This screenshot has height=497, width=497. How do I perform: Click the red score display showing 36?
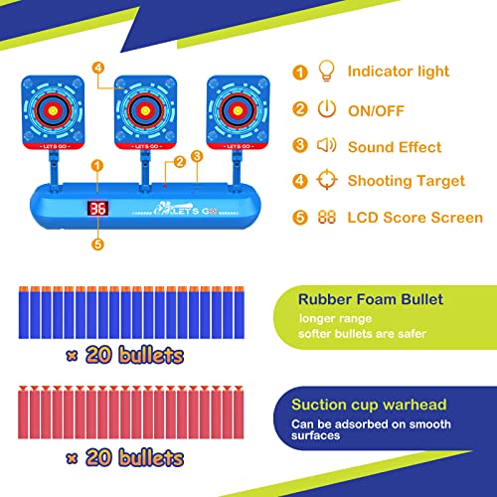tap(97, 209)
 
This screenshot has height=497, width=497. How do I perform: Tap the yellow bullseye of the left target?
tap(53, 110)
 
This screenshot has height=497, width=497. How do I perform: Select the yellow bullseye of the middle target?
tap(145, 110)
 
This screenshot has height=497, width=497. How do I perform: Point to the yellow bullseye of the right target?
tap(238, 110)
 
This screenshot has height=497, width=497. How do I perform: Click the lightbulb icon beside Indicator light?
tap(326, 71)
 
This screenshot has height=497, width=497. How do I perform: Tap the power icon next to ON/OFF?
tap(327, 108)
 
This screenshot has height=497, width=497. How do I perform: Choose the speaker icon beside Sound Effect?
tap(327, 145)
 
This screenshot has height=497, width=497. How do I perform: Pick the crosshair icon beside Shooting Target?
tap(327, 180)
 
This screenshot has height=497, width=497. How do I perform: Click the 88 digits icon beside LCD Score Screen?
tap(327, 218)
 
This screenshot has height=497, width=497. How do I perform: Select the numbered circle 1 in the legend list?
tap(300, 73)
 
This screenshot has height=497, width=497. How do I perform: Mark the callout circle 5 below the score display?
tap(97, 245)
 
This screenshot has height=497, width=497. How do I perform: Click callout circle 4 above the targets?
tap(98, 68)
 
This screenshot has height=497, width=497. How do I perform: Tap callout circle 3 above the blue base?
tap(197, 156)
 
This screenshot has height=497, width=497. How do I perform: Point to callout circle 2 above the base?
tap(180, 162)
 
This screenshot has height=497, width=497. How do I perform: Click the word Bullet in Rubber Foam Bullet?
tap(421, 299)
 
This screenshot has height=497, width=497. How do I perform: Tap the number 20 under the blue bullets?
tap(98, 355)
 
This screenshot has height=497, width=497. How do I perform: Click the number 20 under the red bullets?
tap(98, 457)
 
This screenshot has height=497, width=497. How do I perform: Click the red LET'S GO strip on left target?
tap(53, 146)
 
